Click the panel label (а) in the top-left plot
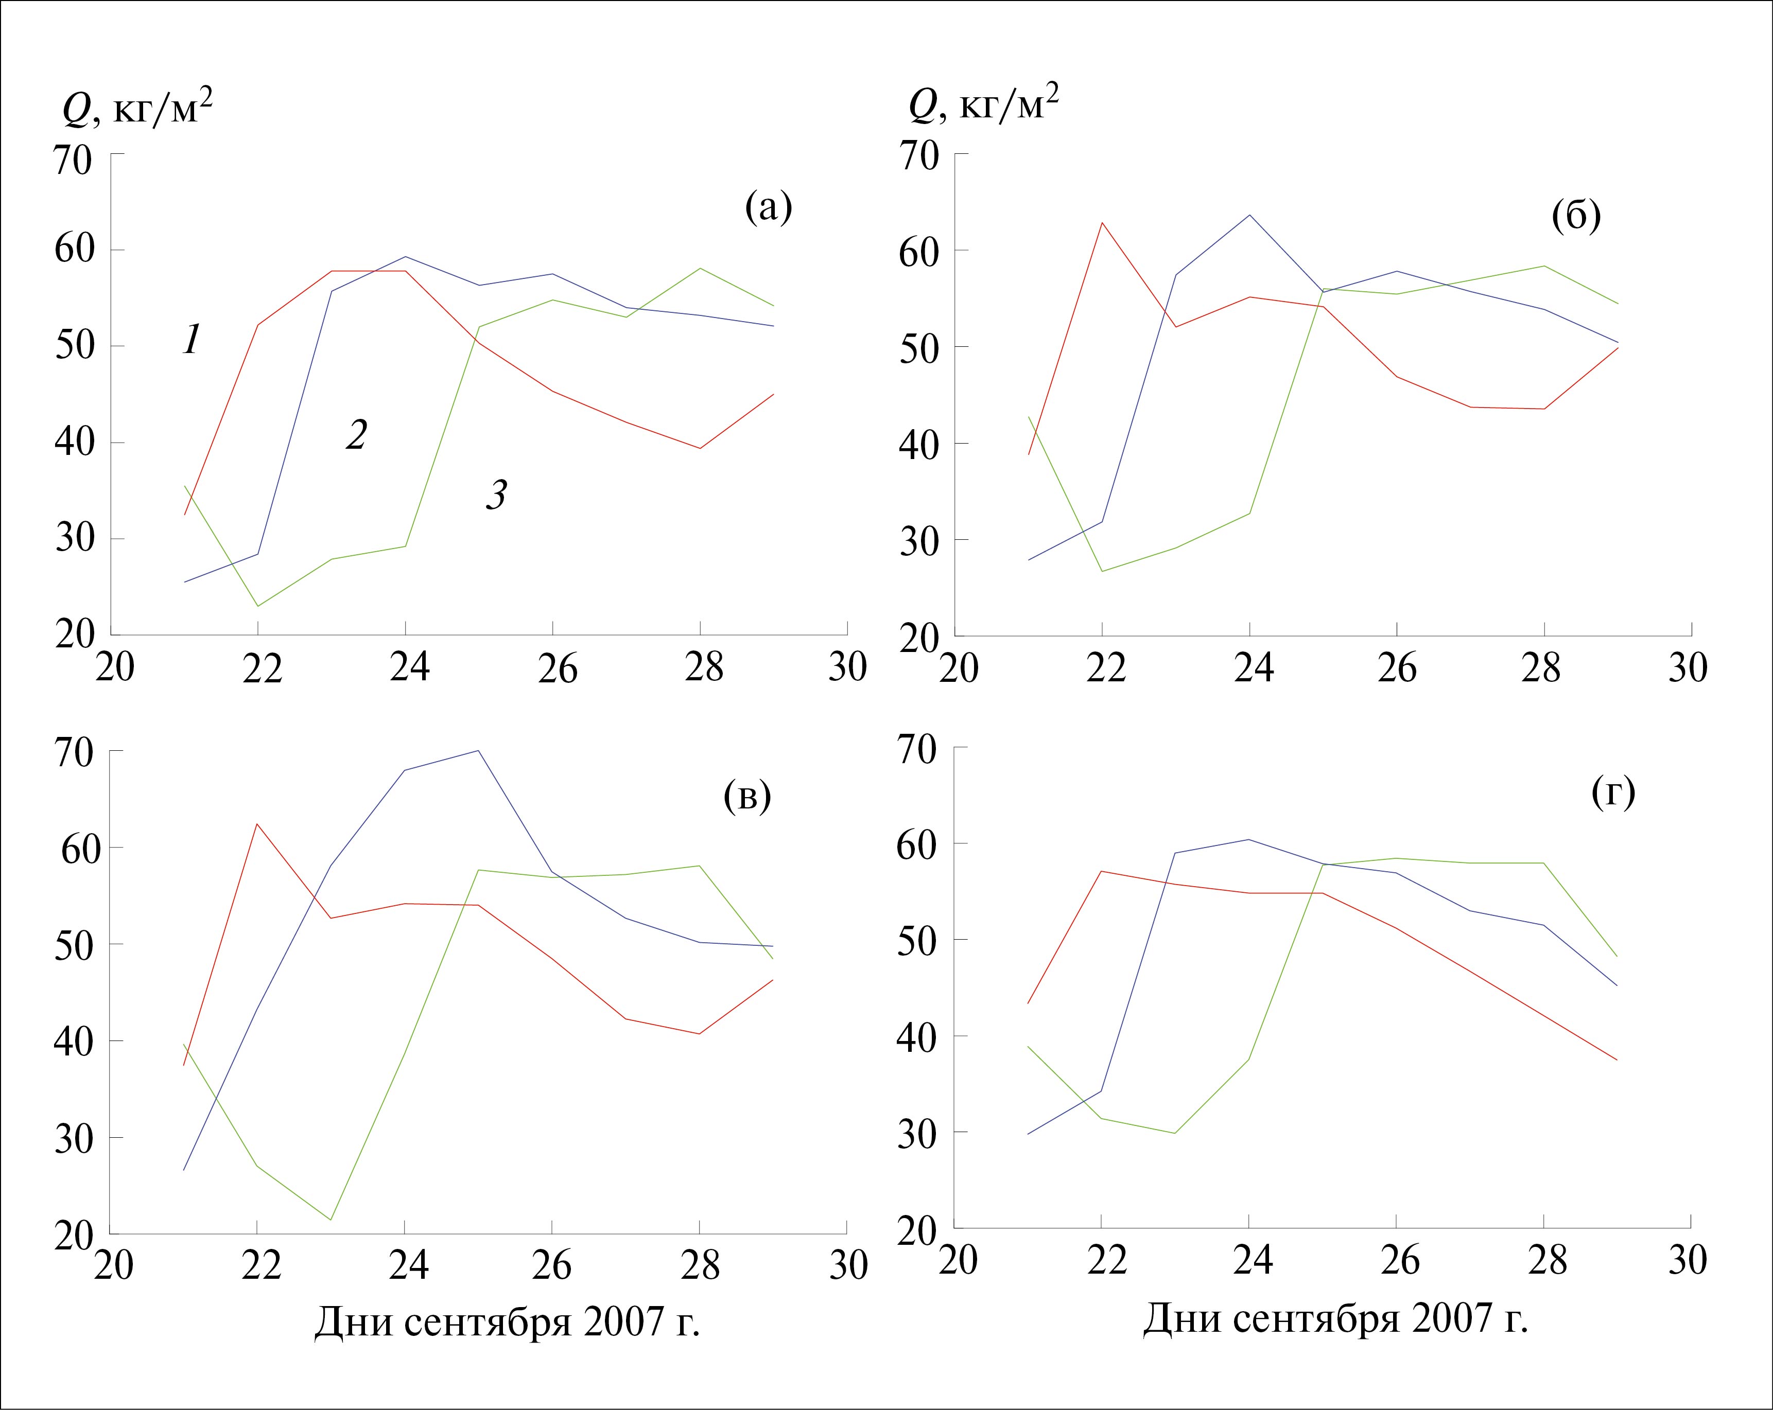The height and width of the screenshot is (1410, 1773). (768, 208)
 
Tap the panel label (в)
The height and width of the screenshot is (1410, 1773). (746, 796)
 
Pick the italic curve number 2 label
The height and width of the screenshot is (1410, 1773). (355, 435)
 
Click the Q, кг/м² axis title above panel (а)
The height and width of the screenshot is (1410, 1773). (137, 108)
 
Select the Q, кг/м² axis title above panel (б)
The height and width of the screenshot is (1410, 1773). (983, 105)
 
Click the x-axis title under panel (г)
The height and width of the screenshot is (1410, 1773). (1335, 1319)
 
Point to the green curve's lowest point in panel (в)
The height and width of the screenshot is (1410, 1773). (331, 1219)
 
